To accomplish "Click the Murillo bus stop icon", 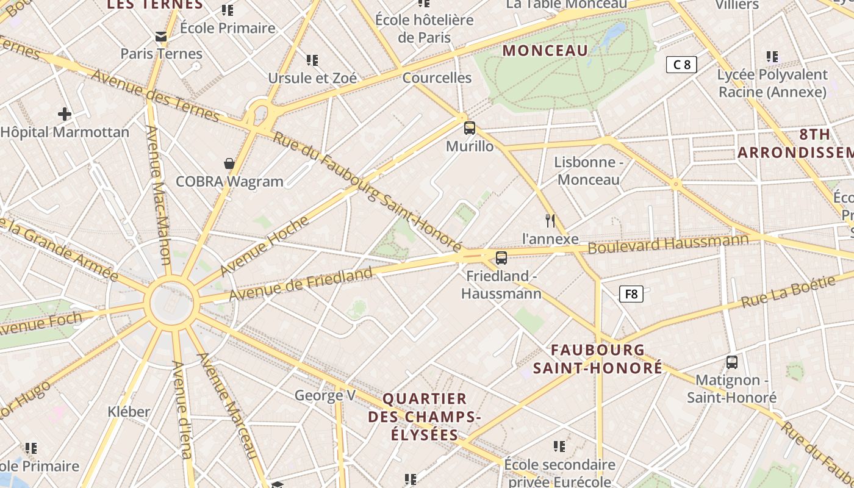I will click(x=469, y=128).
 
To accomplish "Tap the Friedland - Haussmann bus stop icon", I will click(x=501, y=258).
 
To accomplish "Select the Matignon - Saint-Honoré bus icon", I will click(x=732, y=362).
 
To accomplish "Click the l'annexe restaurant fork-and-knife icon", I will click(x=550, y=220).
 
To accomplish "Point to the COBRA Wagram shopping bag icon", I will click(x=229, y=163).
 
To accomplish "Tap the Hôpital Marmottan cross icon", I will click(x=65, y=114).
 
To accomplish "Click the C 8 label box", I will click(x=681, y=65).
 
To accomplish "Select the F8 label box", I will click(x=631, y=294).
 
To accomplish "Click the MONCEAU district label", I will click(x=545, y=51).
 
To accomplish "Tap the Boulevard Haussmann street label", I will click(x=668, y=244).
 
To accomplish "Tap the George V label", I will click(x=325, y=395).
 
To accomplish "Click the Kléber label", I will click(x=129, y=412).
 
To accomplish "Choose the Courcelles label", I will click(x=437, y=77).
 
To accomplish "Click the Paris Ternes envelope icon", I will click(x=161, y=37).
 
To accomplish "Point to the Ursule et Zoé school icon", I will click(x=312, y=60).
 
